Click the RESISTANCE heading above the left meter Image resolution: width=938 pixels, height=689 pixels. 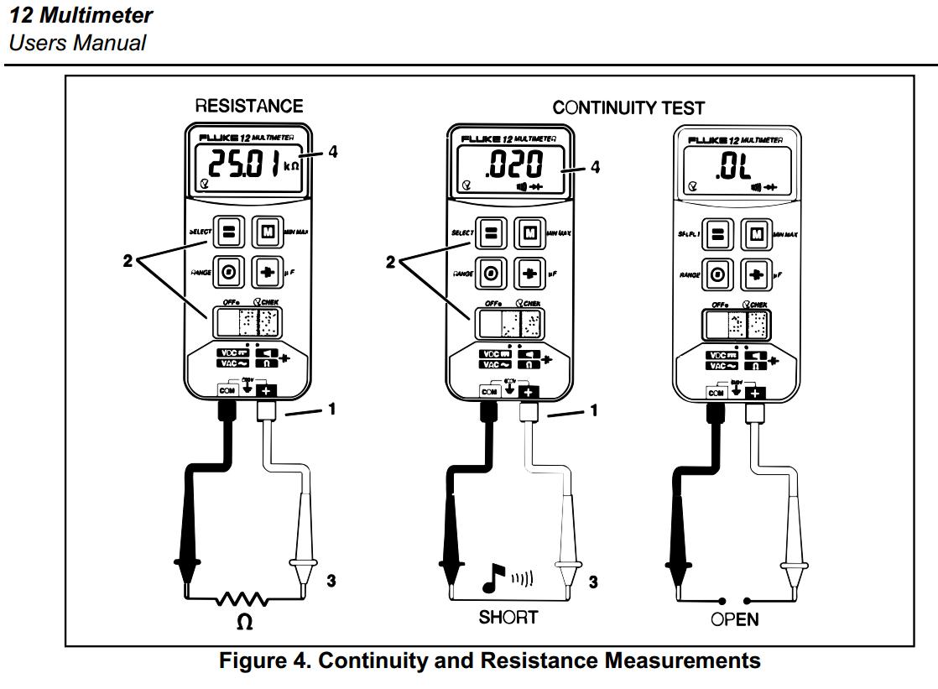click(249, 107)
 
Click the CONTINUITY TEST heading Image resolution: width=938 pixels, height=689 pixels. click(628, 107)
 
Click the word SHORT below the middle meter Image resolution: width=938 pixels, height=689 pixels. click(508, 619)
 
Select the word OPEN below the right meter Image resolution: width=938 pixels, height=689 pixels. click(735, 620)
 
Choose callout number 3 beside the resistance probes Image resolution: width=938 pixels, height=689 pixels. click(331, 580)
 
